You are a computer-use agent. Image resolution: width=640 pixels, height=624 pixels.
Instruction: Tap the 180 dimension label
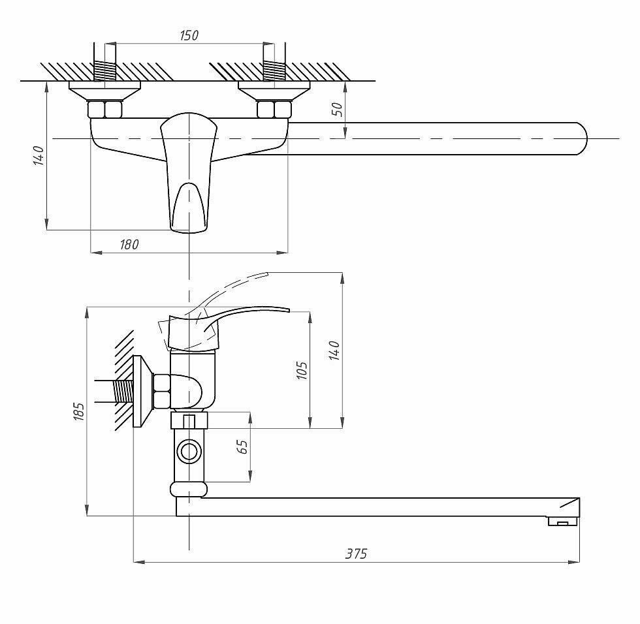tap(129, 244)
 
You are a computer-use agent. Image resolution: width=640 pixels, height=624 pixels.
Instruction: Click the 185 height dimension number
tap(79, 412)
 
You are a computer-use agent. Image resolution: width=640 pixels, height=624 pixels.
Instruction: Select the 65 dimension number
tap(242, 447)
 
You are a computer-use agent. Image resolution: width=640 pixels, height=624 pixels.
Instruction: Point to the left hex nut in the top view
tap(105, 108)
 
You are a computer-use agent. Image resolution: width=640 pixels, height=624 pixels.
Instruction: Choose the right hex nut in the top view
tap(274, 108)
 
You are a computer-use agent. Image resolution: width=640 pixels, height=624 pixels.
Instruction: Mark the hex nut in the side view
tap(162, 391)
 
